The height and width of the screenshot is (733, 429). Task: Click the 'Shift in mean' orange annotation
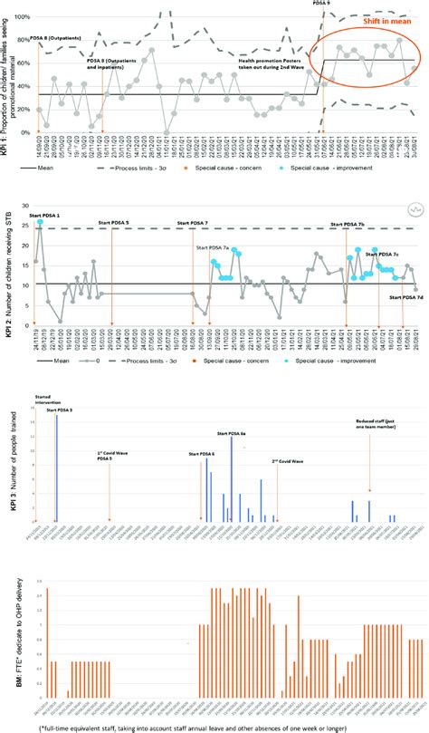pos(378,22)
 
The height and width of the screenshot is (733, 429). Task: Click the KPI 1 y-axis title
pos(6,91)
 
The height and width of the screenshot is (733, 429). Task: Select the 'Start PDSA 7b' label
pos(348,223)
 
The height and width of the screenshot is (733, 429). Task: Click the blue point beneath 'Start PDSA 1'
pos(40,223)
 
